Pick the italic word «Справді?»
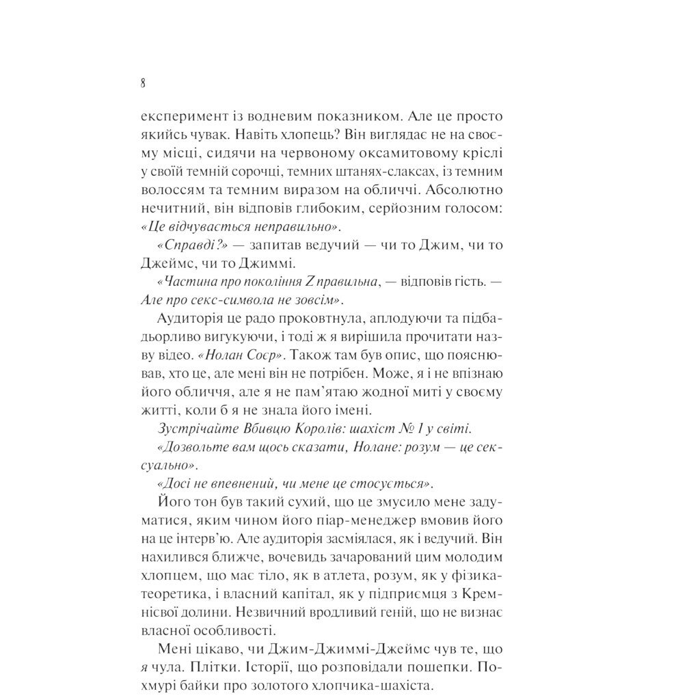pyautogui.click(x=183, y=245)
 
